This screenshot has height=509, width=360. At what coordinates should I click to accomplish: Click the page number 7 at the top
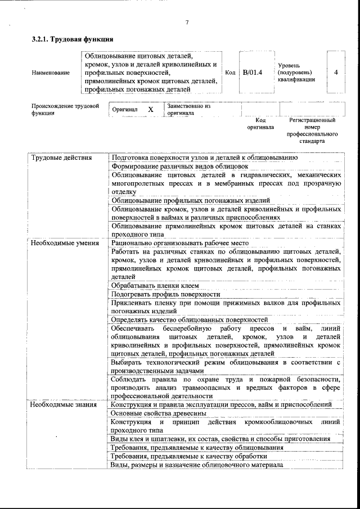pyautogui.click(x=187, y=22)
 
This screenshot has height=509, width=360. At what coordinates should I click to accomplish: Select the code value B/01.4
pyautogui.click(x=253, y=73)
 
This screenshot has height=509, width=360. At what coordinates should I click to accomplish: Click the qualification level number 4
pyautogui.click(x=335, y=73)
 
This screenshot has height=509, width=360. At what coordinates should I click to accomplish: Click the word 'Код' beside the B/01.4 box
pyautogui.click(x=230, y=73)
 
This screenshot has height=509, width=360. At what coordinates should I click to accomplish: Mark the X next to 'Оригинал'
pyautogui.click(x=151, y=109)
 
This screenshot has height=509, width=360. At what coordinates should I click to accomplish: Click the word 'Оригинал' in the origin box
pyautogui.click(x=125, y=109)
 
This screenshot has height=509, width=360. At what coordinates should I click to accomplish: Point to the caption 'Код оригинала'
pyautogui.click(x=260, y=124)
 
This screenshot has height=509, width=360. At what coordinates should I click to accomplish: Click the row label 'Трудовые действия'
pyautogui.click(x=61, y=157)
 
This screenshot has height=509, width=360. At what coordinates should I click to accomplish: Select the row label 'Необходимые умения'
pyautogui.click(x=65, y=243)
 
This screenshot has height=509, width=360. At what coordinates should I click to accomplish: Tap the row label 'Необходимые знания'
pyautogui.click(x=64, y=404)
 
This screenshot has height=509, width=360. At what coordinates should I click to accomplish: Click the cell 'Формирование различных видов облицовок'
pyautogui.click(x=179, y=166)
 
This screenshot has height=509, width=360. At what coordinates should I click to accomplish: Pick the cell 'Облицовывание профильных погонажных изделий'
pyautogui.click(x=191, y=200)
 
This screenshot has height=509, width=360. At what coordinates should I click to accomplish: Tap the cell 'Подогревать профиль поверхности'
pyautogui.click(x=165, y=294)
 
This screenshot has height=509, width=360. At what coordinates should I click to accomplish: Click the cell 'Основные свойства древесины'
pyautogui.click(x=159, y=413)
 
